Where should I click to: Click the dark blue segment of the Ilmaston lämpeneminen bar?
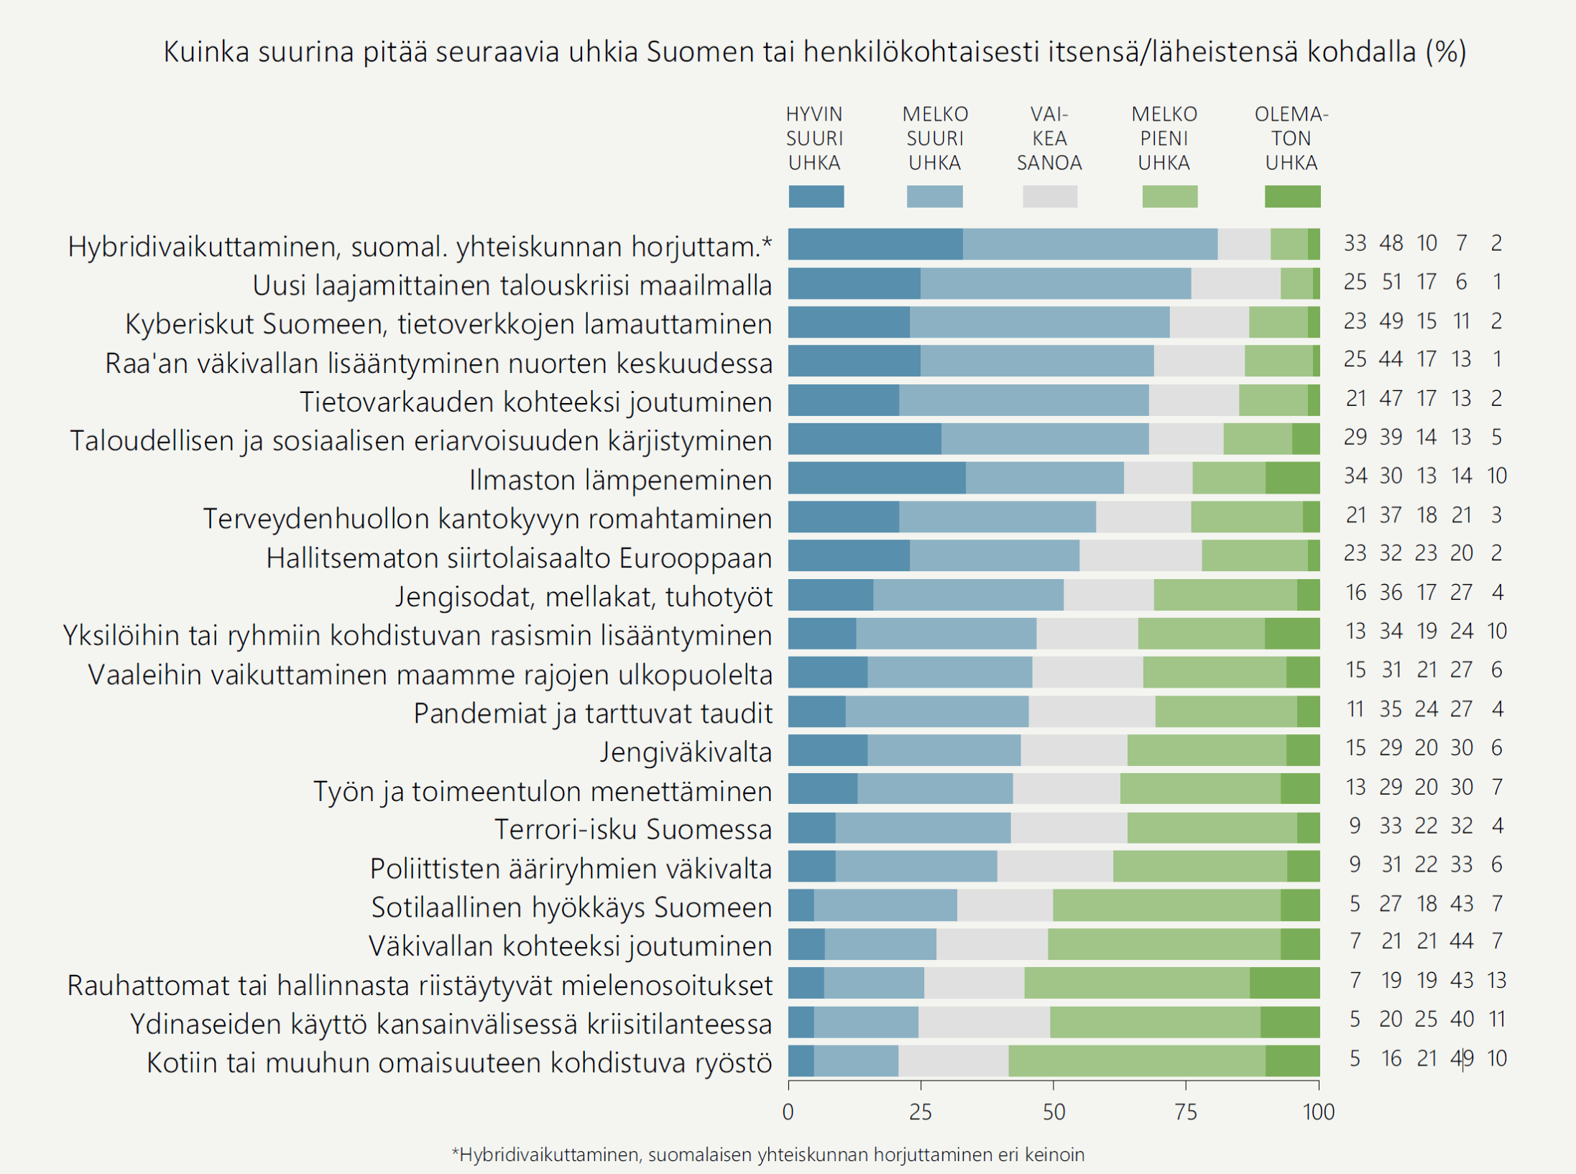coord(877,479)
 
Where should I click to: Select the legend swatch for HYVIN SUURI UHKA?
coord(816,196)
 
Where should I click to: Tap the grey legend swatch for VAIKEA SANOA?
coord(1049,196)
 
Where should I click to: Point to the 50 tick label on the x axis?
coord(1054,1112)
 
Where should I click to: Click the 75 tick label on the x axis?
coord(1186,1112)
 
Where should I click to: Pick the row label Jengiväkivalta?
coord(686,752)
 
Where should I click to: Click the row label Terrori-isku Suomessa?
coord(632,829)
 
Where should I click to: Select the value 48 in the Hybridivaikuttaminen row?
coord(1391,244)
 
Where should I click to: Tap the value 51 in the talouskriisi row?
coord(1391,282)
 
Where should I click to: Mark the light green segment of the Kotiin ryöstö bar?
coord(1137,1061)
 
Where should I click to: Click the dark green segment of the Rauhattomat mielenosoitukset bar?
coord(1284,983)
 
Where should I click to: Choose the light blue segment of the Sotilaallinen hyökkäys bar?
coord(885,905)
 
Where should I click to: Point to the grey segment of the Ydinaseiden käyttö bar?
coord(984,1022)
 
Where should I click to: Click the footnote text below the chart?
coord(768,1155)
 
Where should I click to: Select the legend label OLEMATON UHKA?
coord(1291,139)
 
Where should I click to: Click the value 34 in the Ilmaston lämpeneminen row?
coord(1355,476)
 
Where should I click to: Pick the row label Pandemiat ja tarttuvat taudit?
coord(593,713)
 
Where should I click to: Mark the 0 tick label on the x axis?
coord(788,1112)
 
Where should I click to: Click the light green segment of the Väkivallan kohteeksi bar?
coord(1164,944)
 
